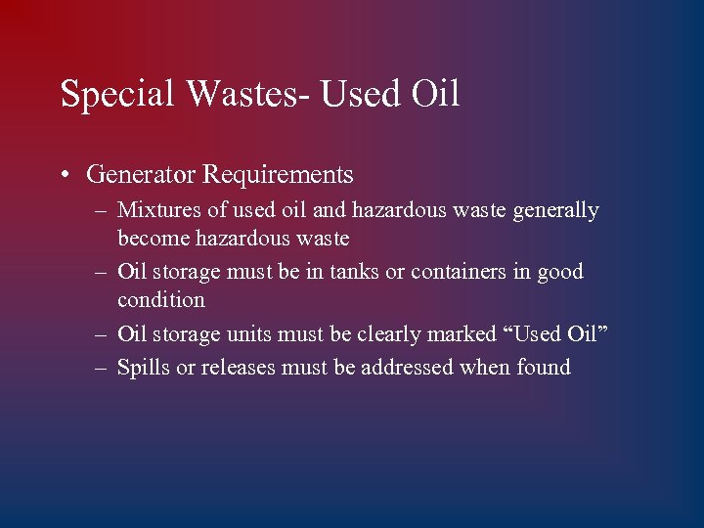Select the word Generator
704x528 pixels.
[141, 175]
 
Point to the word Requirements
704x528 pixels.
[278, 176]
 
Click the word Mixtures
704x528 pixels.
[156, 210]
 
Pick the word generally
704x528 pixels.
[556, 211]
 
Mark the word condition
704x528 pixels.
[161, 300]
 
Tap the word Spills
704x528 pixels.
[141, 369]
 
